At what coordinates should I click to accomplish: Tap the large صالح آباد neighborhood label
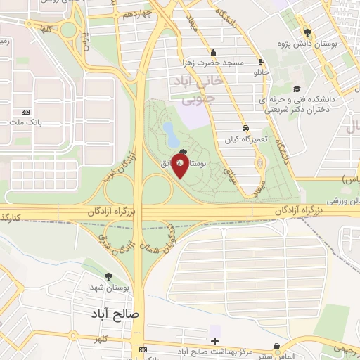[116, 314]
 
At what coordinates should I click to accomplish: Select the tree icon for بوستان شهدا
[108, 276]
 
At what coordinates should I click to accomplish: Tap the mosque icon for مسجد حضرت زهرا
[213, 52]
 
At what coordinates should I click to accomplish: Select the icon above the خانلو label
[261, 61]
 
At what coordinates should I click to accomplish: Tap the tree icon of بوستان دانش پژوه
[307, 32]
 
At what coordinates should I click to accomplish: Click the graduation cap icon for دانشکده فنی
[297, 89]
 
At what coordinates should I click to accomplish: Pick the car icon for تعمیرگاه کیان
[245, 129]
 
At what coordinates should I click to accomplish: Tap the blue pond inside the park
[170, 131]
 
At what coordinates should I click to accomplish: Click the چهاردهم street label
[136, 14]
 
